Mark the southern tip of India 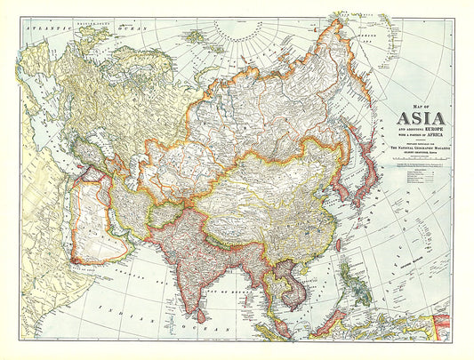pos(189,302)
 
